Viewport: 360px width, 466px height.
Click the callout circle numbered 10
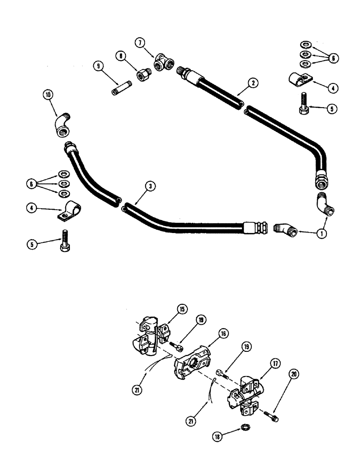click(49, 96)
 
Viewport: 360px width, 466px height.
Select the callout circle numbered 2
click(252, 83)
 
